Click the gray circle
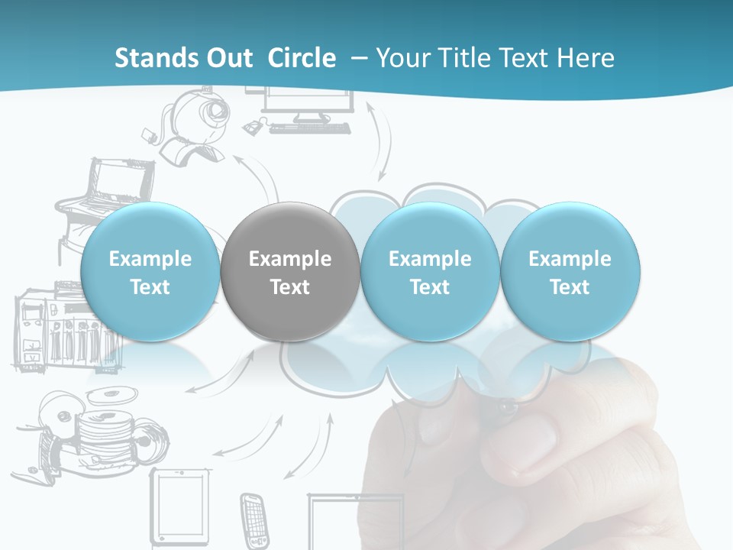[x=289, y=271]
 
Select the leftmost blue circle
[x=150, y=271]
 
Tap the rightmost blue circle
[x=570, y=271]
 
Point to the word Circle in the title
[x=302, y=58]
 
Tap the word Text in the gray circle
[x=289, y=287]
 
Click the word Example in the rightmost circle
[x=570, y=259]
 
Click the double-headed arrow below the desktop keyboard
[x=381, y=141]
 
